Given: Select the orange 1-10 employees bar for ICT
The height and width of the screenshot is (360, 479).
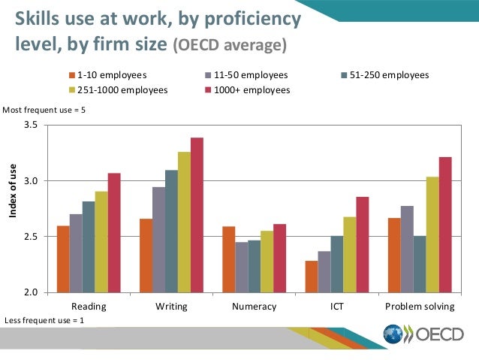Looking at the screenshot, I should pyautogui.click(x=311, y=276).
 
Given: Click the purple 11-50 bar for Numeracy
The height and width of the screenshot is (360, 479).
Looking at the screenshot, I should pyautogui.click(x=242, y=267).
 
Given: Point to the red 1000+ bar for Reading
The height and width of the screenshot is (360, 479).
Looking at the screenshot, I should pyautogui.click(x=114, y=232).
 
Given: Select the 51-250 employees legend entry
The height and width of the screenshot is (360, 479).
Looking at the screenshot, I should pyautogui.click(x=384, y=76).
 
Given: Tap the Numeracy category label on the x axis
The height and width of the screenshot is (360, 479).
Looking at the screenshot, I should pyautogui.click(x=255, y=307).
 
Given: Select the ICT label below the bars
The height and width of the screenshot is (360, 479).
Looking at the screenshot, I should pyautogui.click(x=337, y=307).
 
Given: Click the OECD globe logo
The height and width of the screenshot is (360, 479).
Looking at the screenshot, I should pyautogui.click(x=393, y=334).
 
